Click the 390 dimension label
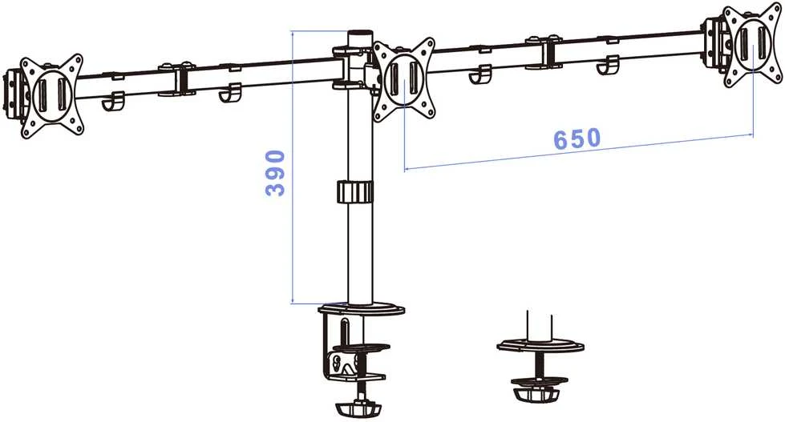[275, 172]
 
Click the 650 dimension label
[577, 139]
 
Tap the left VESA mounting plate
[51, 96]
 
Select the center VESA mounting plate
[404, 80]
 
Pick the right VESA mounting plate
[752, 45]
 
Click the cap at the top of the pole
[361, 39]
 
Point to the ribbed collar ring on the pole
[355, 192]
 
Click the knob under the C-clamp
[358, 408]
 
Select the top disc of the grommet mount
[540, 345]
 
